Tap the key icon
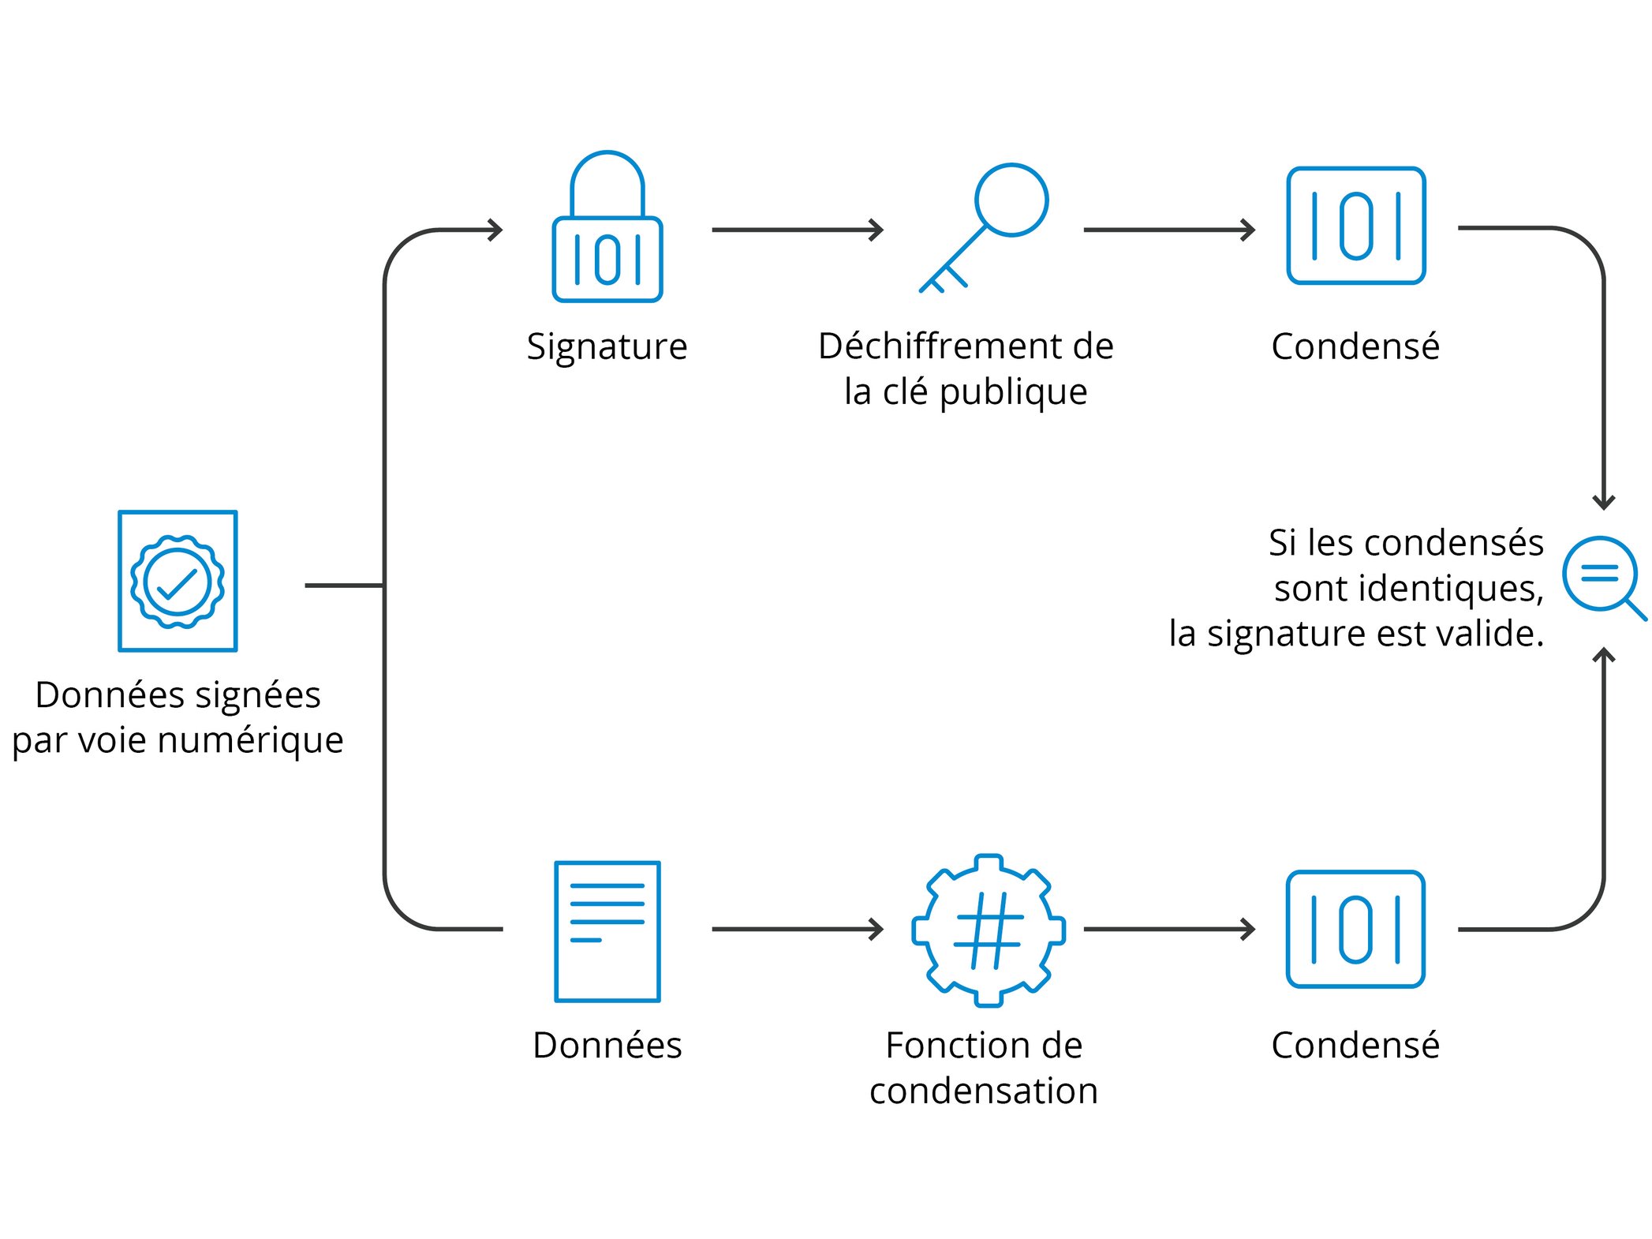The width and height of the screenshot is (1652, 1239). [986, 226]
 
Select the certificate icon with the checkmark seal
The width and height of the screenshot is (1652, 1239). [178, 581]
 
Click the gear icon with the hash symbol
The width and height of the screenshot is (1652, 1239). [988, 930]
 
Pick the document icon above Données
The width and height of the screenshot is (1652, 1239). [607, 931]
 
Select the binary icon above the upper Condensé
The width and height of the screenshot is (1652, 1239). [1355, 226]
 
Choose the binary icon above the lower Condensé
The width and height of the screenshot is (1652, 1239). [1355, 929]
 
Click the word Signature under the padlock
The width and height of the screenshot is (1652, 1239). [607, 346]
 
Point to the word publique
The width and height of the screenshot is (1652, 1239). [1013, 392]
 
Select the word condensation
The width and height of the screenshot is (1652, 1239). [983, 1091]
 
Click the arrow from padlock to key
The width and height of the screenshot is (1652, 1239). [797, 230]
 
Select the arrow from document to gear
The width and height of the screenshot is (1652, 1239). [797, 929]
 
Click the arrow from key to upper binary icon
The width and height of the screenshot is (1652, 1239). [1168, 230]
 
